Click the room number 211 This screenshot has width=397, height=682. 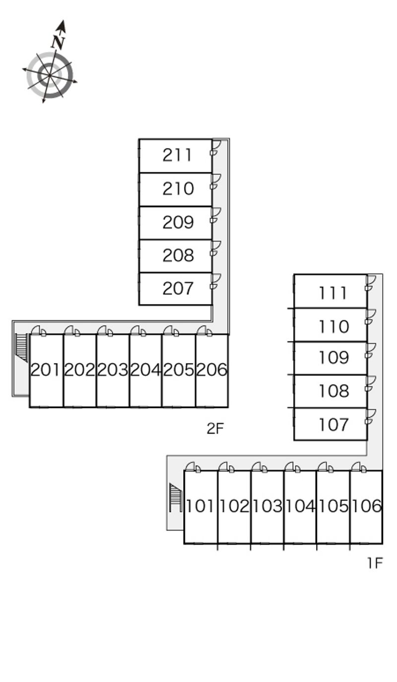tap(177, 155)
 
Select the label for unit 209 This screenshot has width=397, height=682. tap(178, 222)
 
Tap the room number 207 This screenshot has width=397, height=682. tap(178, 288)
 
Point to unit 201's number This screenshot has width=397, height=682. tap(45, 370)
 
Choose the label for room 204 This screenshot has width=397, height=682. tap(145, 370)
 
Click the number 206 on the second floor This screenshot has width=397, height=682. tap(212, 370)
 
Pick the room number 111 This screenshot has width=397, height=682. tap(332, 293)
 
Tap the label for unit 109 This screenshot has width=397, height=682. tap(333, 358)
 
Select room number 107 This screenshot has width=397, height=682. tap(333, 424)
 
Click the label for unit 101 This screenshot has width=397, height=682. tap(200, 506)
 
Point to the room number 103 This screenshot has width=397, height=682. tap(267, 506)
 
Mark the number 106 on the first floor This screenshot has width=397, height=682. tap(367, 506)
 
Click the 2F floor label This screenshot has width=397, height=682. tap(215, 428)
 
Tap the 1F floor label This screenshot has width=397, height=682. tap(375, 563)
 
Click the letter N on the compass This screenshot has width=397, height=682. tap(58, 42)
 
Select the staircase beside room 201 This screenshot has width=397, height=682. tap(22, 348)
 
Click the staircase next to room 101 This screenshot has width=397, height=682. tap(176, 497)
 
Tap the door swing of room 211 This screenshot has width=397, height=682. tap(216, 148)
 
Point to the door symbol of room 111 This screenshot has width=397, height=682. tap(370, 283)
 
